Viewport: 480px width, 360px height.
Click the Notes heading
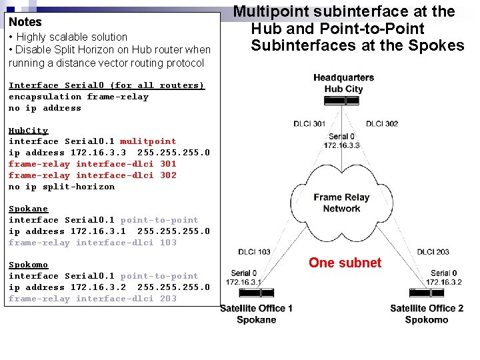[25, 22]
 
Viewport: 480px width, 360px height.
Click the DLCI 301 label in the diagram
[309, 123]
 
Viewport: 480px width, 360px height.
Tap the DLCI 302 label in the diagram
[382, 123]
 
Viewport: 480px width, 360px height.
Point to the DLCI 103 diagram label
[254, 251]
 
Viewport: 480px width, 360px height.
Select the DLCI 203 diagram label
[433, 251]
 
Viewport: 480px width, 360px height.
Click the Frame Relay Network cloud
[341, 203]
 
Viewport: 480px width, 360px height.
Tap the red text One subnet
[345, 263]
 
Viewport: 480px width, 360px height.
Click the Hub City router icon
[343, 101]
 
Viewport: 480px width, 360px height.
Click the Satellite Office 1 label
[257, 308]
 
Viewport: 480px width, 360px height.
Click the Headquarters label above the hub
[343, 78]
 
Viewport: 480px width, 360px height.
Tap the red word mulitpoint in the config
[148, 141]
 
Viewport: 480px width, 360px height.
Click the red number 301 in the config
[168, 164]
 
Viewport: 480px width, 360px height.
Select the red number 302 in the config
[168, 175]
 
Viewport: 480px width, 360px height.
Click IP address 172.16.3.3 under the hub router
[342, 145]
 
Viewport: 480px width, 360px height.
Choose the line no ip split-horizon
[61, 187]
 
